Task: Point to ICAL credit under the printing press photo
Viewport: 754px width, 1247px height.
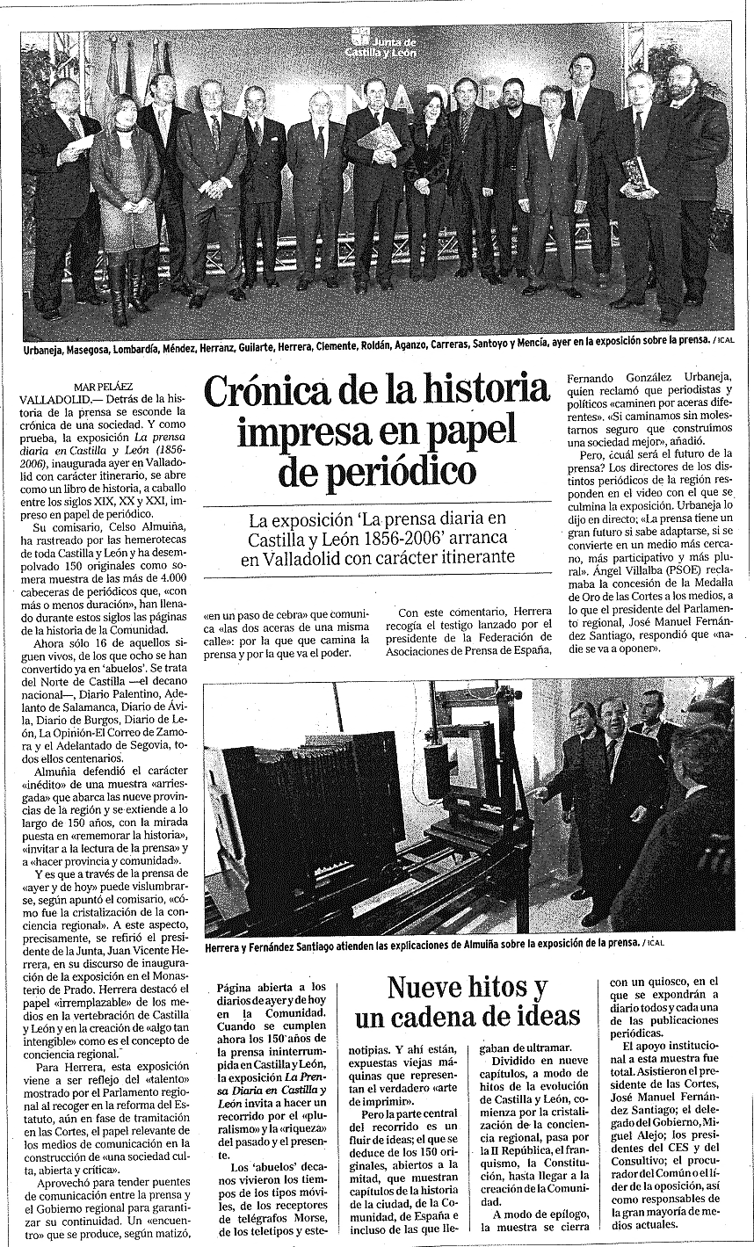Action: (654, 943)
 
